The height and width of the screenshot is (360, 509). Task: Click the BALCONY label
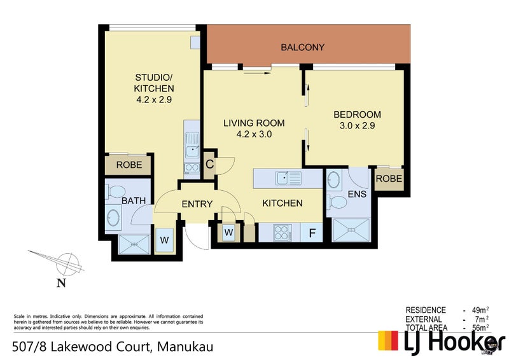(x=303, y=47)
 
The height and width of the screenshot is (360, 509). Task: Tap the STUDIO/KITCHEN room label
(x=153, y=88)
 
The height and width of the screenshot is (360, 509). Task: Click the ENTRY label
(x=197, y=204)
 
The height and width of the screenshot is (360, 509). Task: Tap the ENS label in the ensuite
(x=358, y=193)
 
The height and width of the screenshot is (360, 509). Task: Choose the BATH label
(x=134, y=201)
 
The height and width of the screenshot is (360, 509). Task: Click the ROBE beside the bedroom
(x=388, y=179)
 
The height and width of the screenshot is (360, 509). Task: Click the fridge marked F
(x=312, y=232)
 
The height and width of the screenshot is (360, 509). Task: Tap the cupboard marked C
(x=209, y=163)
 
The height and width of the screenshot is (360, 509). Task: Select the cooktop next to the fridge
(x=282, y=232)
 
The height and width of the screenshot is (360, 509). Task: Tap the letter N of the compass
(x=61, y=284)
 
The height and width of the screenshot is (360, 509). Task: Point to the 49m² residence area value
(x=478, y=310)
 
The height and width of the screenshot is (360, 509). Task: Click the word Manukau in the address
(x=183, y=347)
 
